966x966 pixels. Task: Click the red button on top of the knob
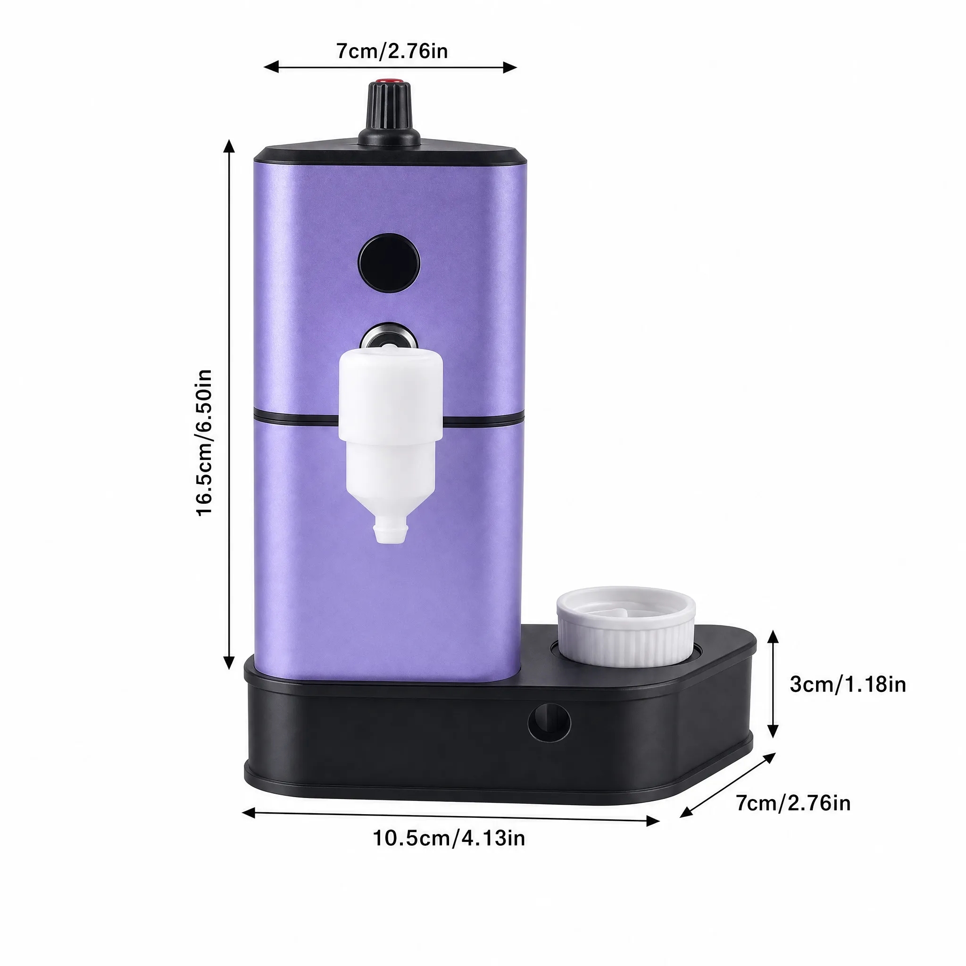390,80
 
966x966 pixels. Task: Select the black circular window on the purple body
389,264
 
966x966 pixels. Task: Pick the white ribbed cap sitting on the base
626,627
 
